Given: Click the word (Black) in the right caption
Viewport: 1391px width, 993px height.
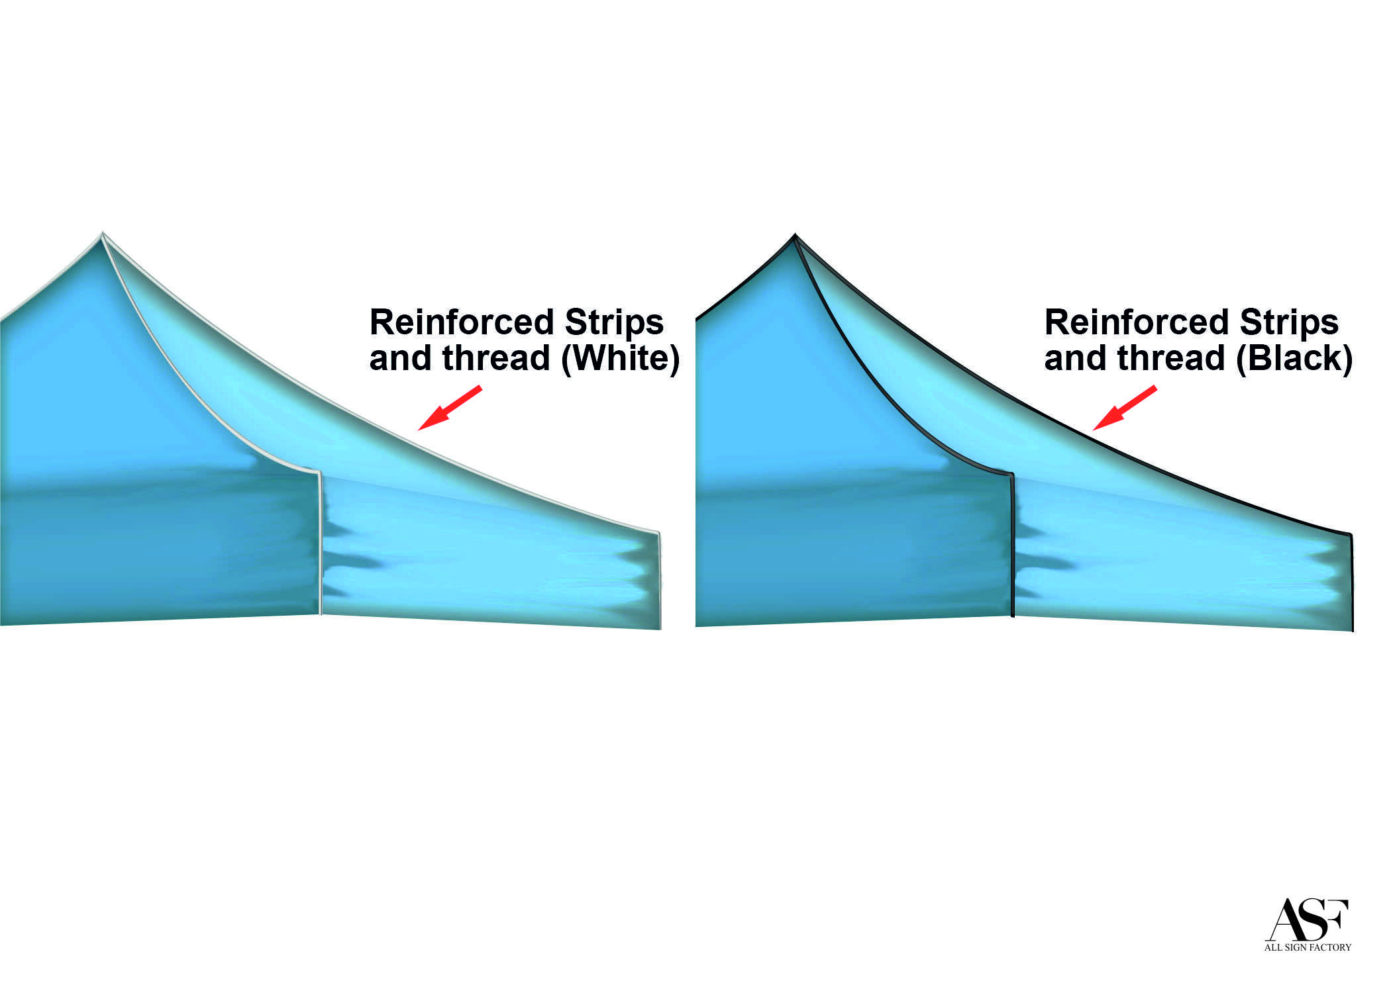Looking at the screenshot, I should (x=1294, y=359).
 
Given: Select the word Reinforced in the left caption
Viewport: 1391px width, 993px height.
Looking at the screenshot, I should (x=462, y=322).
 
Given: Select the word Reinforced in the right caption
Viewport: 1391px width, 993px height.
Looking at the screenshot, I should (x=1137, y=322).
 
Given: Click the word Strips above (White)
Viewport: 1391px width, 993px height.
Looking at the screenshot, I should (x=614, y=322).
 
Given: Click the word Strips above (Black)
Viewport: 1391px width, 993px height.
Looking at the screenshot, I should (x=1289, y=322).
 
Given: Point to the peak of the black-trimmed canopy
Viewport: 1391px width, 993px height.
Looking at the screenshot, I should (x=795, y=236).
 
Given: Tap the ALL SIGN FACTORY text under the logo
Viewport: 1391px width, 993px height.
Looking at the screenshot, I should (x=1308, y=947).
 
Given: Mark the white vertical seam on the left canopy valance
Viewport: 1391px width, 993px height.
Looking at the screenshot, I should (x=321, y=543).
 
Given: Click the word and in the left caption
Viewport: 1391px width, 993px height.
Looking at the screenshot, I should (x=400, y=359).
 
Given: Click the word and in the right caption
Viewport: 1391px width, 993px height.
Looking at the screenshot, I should (x=1075, y=359).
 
